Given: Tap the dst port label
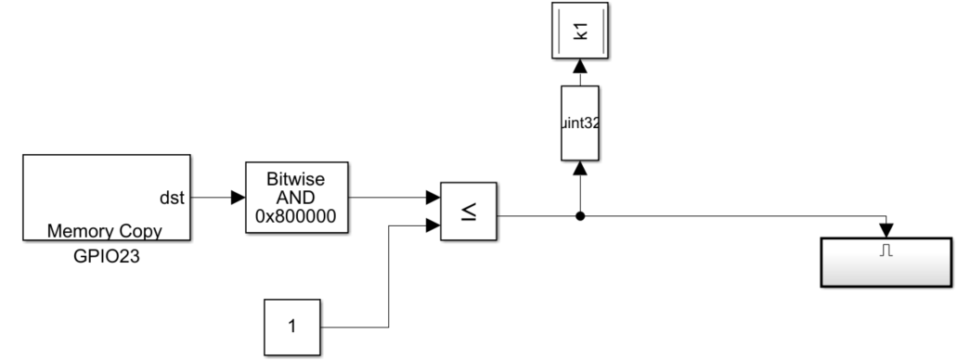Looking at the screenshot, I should [173, 198].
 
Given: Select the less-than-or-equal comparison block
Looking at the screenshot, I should [469, 212].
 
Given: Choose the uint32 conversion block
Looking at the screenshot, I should [580, 122].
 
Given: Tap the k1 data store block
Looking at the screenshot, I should [580, 32].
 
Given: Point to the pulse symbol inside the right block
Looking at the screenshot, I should [886, 251].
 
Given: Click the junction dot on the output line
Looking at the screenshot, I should [580, 217].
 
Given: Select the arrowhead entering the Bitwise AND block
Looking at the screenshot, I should [238, 198].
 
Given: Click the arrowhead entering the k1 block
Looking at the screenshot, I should [580, 67].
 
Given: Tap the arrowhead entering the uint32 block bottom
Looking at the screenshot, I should [580, 168].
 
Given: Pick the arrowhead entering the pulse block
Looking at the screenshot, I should [886, 229].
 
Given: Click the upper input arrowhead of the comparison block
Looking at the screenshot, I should [433, 198].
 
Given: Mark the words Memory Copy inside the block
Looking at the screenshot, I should [105, 230].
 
